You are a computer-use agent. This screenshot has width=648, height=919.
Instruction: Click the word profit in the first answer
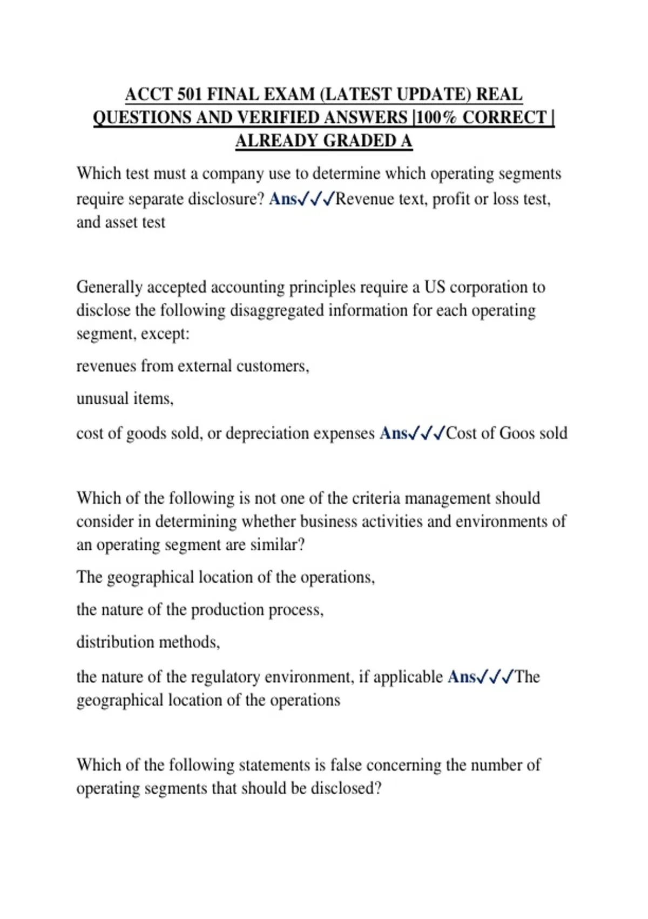coord(451,199)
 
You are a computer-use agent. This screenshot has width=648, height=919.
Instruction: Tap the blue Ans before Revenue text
coord(282,199)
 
